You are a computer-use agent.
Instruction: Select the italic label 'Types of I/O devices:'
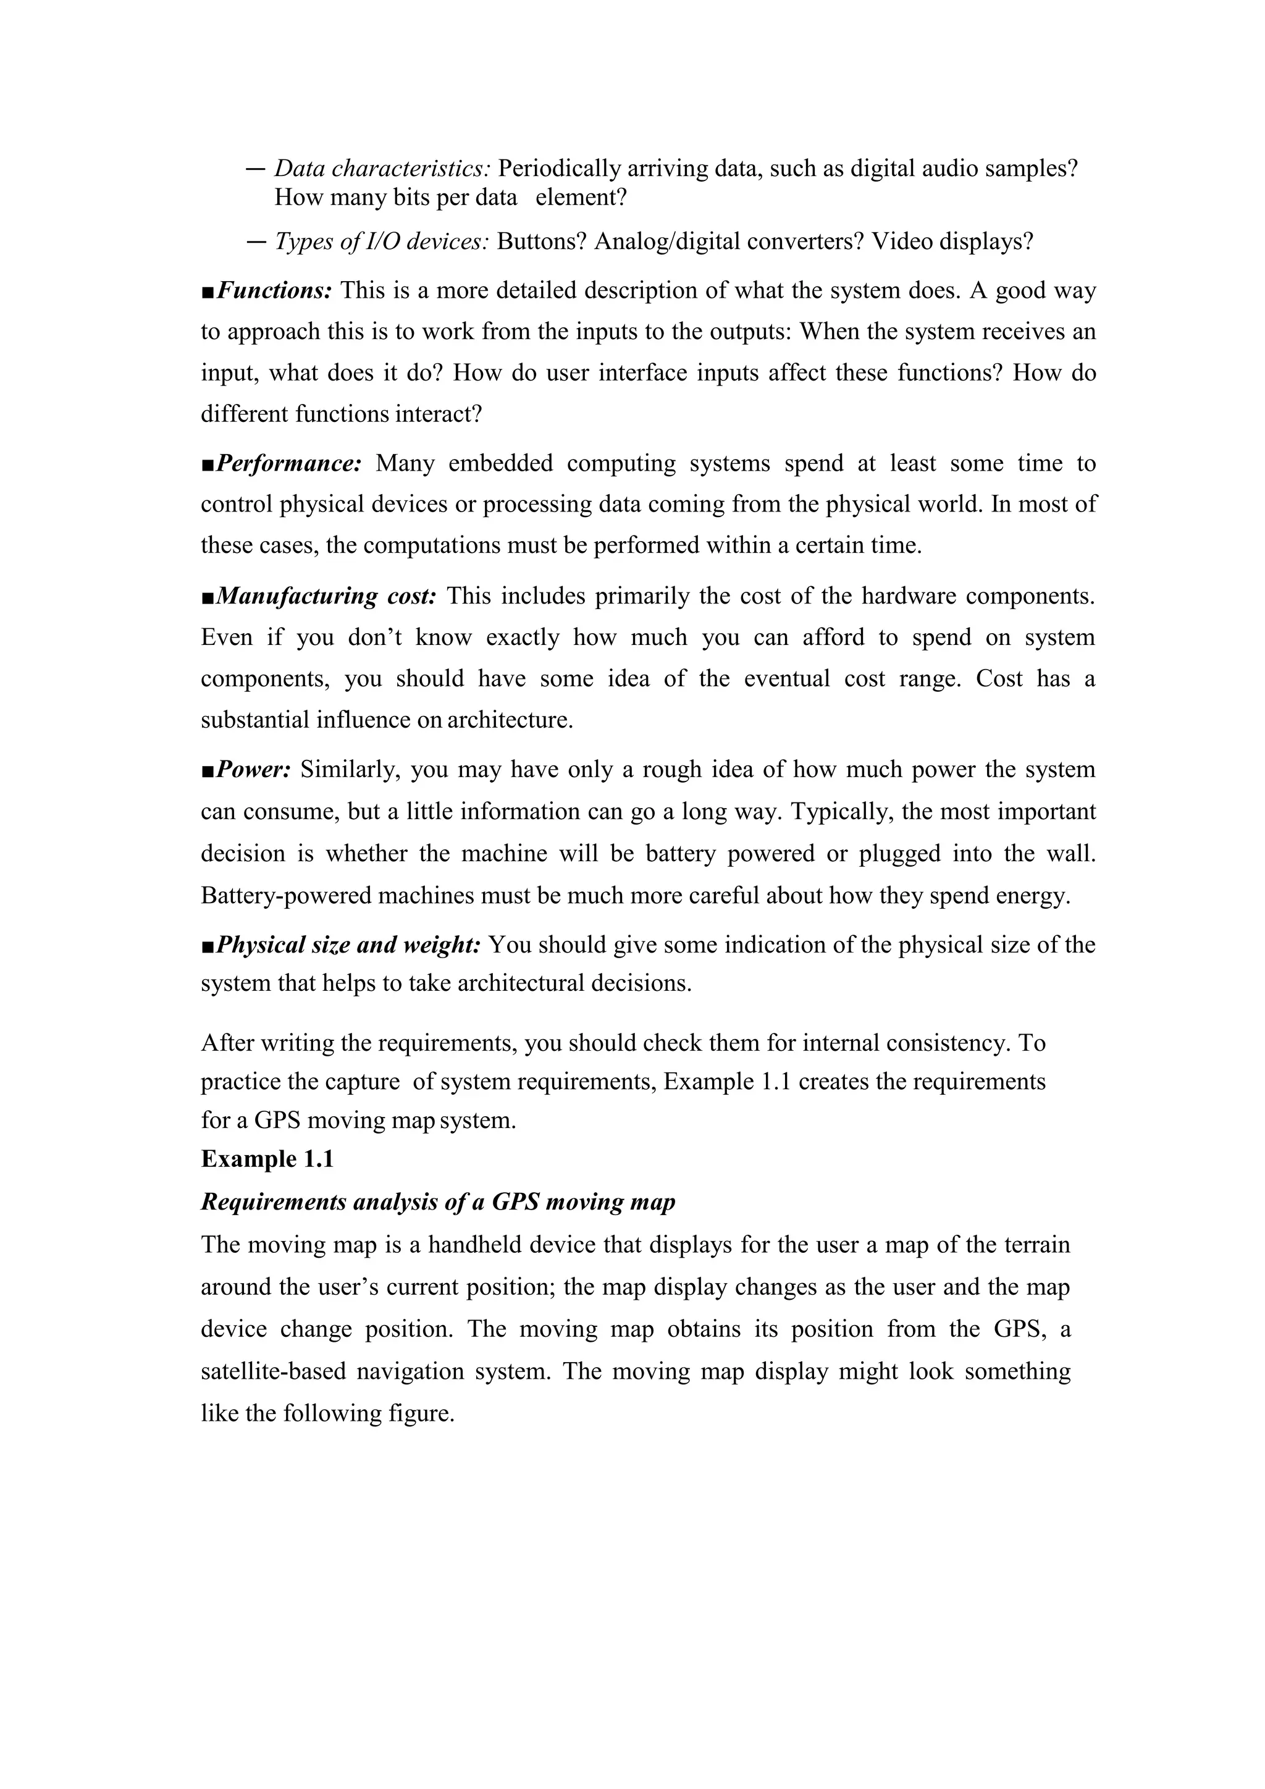pos(382,242)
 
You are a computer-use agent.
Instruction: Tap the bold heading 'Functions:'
pos(275,290)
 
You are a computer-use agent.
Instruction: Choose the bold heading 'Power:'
pos(253,770)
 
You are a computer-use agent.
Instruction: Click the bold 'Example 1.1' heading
pos(267,1160)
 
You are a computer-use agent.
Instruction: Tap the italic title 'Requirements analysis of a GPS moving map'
pos(438,1202)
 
